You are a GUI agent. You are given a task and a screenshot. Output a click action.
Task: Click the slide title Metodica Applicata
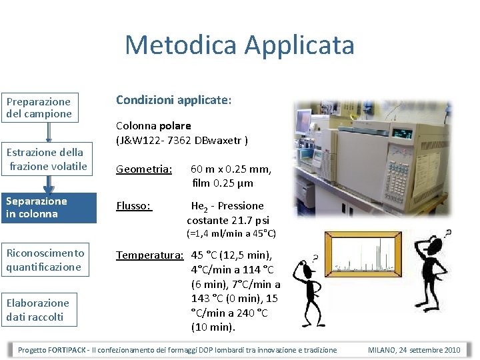pos(239,45)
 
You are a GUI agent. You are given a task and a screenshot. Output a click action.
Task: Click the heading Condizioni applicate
pos(173,100)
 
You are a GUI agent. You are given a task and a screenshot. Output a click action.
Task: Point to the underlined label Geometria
pos(144,169)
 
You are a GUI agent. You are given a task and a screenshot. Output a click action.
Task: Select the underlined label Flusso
pos(134,206)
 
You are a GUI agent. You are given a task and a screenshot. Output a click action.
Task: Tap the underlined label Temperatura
pos(150,255)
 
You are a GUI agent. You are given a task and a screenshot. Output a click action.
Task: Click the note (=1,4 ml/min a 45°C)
pos(231,234)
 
